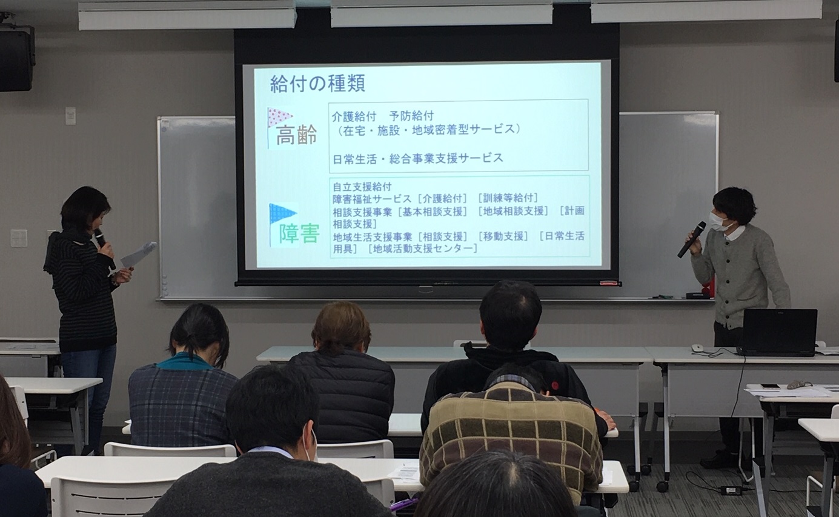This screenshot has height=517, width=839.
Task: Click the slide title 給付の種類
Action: [x=317, y=84]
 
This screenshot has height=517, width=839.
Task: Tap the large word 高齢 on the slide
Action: [x=297, y=135]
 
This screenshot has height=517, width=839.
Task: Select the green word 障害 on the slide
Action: [x=299, y=234]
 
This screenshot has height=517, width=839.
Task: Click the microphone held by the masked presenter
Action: [x=691, y=239]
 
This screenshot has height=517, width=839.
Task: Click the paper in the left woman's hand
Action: [x=138, y=255]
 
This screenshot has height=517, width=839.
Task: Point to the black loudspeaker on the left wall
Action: [x=17, y=58]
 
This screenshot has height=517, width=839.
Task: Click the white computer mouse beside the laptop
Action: [x=697, y=348]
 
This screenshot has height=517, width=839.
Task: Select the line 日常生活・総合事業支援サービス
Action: [x=417, y=158]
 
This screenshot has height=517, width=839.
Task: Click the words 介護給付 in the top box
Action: [x=354, y=116]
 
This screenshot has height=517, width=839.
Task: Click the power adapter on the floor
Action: [x=731, y=490]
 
